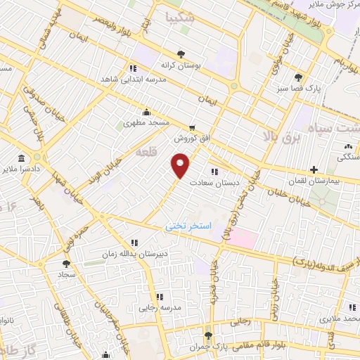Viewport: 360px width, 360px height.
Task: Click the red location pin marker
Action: pos(181,165)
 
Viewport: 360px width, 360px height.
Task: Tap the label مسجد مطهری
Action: pos(143,122)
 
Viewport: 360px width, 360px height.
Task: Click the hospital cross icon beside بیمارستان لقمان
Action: pos(314,169)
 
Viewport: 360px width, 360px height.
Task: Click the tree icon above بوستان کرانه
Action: pos(181,53)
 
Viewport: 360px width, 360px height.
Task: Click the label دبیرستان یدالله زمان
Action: pos(136,252)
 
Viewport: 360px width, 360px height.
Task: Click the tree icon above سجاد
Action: pos(66,264)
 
